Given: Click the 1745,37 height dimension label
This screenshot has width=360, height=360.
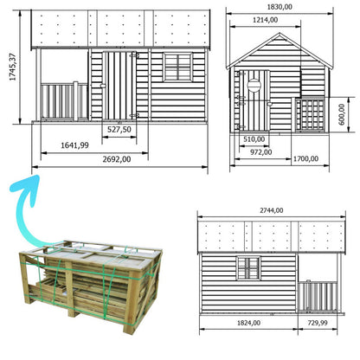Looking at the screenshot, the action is [x=13, y=67].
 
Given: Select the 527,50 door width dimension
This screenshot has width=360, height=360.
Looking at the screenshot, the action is [x=119, y=130].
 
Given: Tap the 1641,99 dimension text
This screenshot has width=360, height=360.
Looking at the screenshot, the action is [x=74, y=145].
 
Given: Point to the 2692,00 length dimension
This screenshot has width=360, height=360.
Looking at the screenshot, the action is [x=117, y=159].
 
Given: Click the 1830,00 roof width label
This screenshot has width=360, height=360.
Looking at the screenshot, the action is [x=280, y=7].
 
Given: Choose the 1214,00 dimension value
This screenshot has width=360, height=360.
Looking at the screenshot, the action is [x=266, y=20].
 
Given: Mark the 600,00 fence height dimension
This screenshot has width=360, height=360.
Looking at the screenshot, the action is [x=342, y=114].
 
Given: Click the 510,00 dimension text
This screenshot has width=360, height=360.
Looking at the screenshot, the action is [x=254, y=139].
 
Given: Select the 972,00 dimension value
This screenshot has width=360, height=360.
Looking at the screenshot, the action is [x=261, y=152].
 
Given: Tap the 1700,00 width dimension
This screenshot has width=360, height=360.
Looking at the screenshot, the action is [x=305, y=159].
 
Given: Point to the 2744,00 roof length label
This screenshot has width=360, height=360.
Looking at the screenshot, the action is [x=272, y=210].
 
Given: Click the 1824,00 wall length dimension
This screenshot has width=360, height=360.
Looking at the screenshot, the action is [x=248, y=323].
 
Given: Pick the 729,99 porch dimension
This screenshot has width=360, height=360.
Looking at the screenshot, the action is [x=318, y=323].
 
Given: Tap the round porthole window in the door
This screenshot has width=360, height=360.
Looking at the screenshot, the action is [x=254, y=85].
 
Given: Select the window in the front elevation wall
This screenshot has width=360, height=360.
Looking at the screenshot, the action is [x=178, y=67].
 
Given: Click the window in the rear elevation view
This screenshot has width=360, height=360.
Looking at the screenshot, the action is [x=248, y=268].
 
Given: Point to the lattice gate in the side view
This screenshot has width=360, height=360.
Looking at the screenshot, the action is [x=310, y=114].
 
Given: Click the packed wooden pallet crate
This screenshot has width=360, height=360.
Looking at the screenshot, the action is [x=91, y=286].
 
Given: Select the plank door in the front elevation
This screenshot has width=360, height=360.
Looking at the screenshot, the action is [x=119, y=86].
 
